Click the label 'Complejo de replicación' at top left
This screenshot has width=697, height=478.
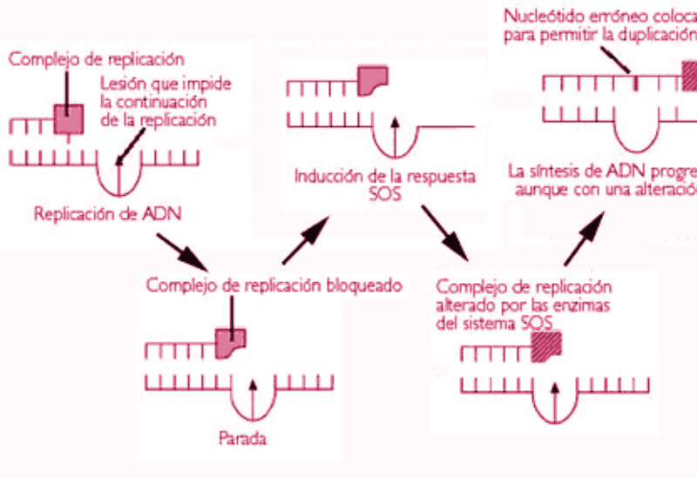96,60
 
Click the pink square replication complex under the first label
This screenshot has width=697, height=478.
68,120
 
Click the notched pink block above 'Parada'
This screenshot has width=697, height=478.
231,343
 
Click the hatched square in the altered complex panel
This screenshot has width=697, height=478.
546,346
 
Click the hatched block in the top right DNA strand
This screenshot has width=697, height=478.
688,78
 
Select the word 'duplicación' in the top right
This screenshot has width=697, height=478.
655,34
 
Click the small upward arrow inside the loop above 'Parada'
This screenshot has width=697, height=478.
253,395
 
